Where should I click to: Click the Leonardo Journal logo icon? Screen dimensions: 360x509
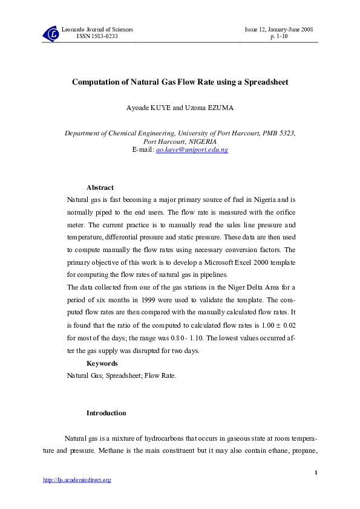(x=51, y=34)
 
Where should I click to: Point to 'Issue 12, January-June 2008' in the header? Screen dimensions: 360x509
(x=278, y=30)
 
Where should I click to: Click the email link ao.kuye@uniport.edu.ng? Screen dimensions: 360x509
(x=192, y=149)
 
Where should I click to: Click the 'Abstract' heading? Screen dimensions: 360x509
(x=100, y=188)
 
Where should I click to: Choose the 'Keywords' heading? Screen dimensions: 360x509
(x=102, y=364)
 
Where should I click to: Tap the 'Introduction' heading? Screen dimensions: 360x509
(x=106, y=413)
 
